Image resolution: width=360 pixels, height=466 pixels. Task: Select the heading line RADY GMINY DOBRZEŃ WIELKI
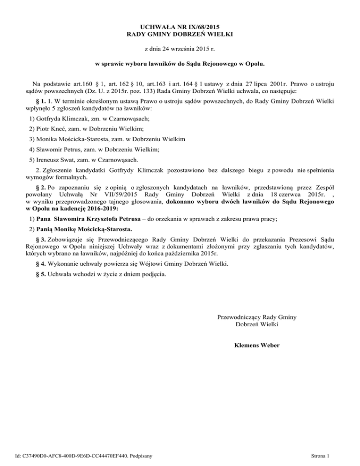pos(180,34)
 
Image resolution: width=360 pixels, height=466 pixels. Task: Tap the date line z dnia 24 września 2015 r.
pos(180,48)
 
